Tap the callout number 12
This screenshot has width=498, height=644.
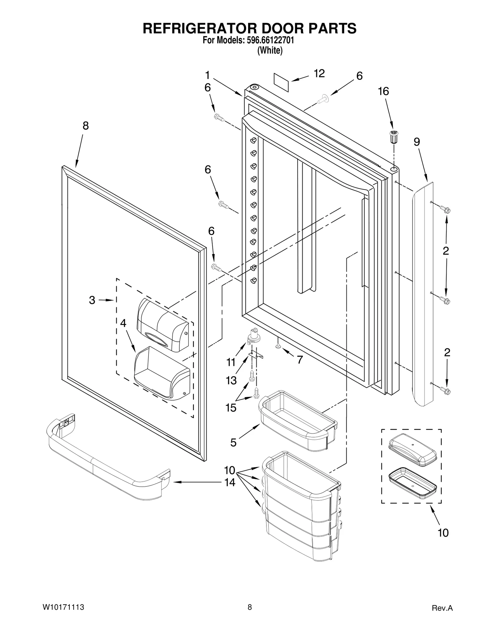point(319,73)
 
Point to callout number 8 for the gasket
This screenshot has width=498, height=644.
point(86,126)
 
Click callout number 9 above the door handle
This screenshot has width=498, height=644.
point(417,142)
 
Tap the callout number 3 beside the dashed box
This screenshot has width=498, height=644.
point(92,300)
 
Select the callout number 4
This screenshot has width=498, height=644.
point(123,323)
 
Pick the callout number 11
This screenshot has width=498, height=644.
point(231,362)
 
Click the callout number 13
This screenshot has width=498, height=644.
point(231,380)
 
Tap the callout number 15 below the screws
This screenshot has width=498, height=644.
point(231,408)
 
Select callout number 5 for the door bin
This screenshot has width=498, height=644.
point(233,442)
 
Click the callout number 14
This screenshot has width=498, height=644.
point(230,483)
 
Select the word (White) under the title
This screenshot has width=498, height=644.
point(270,50)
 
